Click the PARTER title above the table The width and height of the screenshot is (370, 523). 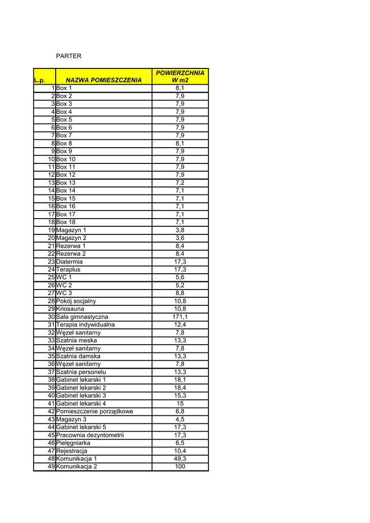coord(68,56)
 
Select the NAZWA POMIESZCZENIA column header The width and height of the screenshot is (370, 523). coord(104,80)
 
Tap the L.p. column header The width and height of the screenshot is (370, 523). coord(40,80)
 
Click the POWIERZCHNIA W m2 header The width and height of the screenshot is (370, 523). coord(180,77)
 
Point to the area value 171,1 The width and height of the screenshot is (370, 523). coord(180,317)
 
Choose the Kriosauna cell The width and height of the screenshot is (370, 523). coord(71,309)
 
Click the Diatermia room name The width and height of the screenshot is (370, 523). coord(70,261)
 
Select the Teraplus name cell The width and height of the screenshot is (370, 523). coord(68,269)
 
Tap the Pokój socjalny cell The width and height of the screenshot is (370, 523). coord(76,301)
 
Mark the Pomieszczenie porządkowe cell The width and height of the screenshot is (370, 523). coord(95,411)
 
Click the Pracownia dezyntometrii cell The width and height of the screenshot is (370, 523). coord(90,435)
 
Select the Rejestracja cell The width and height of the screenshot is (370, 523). coord(72,451)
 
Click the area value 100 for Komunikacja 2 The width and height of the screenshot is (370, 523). coord(180,466)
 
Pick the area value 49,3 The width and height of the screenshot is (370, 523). coord(180,459)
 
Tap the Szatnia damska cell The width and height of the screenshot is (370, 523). coord(78,356)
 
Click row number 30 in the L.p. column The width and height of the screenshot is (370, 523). coord(51,317)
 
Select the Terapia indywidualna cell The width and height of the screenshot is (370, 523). coord(85,324)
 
